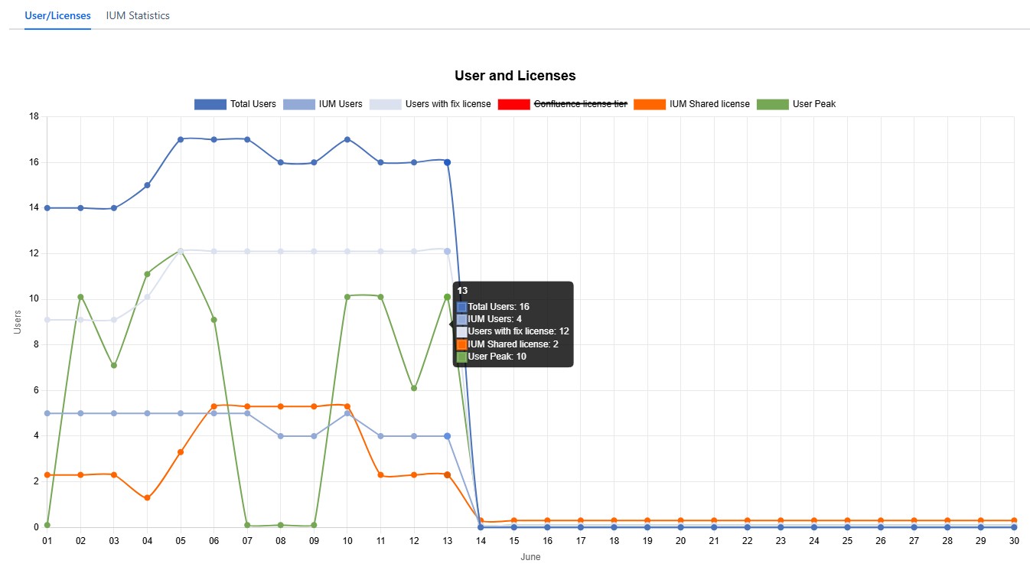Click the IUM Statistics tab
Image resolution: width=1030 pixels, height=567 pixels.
(138, 15)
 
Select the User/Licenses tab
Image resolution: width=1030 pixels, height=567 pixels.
(57, 15)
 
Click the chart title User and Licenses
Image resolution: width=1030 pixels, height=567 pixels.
(515, 76)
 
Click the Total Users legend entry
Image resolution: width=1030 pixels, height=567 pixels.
(235, 104)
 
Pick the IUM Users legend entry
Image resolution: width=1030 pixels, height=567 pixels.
(322, 104)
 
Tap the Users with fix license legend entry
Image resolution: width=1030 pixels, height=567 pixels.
(430, 104)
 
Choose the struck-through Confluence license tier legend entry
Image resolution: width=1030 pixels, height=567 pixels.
(562, 104)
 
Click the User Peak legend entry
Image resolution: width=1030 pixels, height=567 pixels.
(796, 104)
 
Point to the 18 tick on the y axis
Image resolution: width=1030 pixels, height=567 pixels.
(34, 117)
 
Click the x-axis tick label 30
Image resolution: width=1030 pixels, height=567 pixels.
(1014, 540)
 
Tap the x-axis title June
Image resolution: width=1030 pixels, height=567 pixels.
(530, 557)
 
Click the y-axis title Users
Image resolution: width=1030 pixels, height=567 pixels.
(18, 322)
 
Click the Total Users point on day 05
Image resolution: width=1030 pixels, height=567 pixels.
(181, 139)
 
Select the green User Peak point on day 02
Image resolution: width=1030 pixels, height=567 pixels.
(80, 297)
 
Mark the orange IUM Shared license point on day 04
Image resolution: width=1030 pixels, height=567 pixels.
(147, 498)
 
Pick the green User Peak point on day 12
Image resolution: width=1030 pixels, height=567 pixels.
(414, 388)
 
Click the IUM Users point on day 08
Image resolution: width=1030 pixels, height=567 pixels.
(281, 436)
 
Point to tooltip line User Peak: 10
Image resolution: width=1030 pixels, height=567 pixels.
(497, 357)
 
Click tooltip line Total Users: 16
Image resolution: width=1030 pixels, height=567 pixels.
(498, 306)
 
